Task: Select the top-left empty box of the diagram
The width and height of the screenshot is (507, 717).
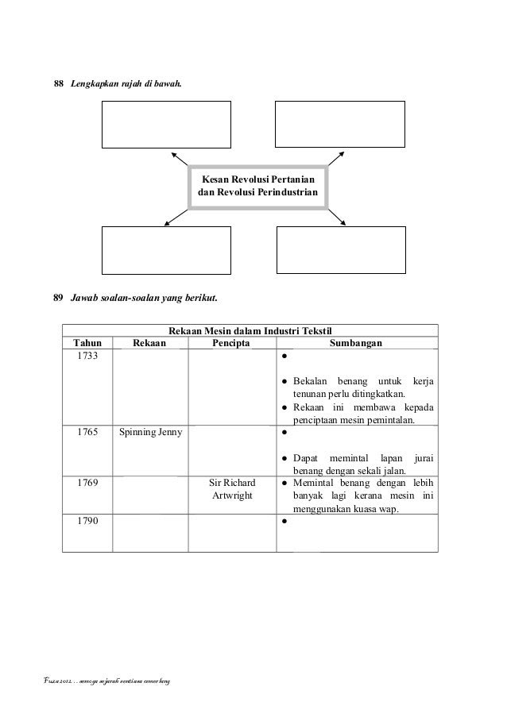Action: pyautogui.click(x=167, y=124)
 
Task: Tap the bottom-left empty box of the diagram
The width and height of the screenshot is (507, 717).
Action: pyautogui.click(x=167, y=250)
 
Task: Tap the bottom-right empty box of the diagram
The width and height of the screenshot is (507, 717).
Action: pyautogui.click(x=340, y=250)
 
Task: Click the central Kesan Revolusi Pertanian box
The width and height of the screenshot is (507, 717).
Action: pyautogui.click(x=257, y=187)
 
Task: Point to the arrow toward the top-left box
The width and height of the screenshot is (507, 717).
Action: pyautogui.click(x=178, y=156)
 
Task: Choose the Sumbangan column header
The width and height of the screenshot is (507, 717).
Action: pyautogui.click(x=357, y=343)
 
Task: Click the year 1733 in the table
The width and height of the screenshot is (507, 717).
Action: pyautogui.click(x=87, y=357)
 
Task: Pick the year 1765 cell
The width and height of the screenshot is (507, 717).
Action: pyautogui.click(x=87, y=434)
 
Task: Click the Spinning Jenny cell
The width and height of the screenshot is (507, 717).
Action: pyautogui.click(x=149, y=434)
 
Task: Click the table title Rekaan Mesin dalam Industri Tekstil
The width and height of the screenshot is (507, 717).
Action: pyautogui.click(x=250, y=330)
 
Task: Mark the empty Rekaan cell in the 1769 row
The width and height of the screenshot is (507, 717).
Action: pyautogui.click(x=149, y=494)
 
